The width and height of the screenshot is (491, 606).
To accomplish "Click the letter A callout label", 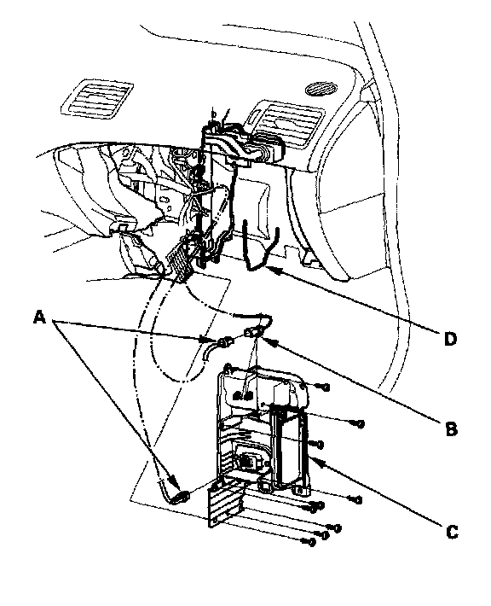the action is pyautogui.click(x=40, y=318).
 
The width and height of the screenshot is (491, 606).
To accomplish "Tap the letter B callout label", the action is pyautogui.click(x=451, y=428).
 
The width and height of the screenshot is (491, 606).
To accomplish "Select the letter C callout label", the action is pyautogui.click(x=452, y=533).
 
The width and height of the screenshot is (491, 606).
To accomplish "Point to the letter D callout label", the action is pyautogui.click(x=450, y=339).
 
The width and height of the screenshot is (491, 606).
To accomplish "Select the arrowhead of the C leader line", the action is pyautogui.click(x=315, y=461).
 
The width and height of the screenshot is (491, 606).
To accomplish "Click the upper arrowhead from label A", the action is pyautogui.click(x=211, y=340).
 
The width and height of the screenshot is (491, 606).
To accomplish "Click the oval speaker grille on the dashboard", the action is pyautogui.click(x=320, y=89).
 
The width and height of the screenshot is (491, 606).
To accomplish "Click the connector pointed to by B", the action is pyautogui.click(x=253, y=331).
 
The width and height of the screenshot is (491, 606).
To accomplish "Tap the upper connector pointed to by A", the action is pyautogui.click(x=225, y=341).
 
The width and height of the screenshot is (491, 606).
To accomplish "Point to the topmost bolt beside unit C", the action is pyautogui.click(x=324, y=387).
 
